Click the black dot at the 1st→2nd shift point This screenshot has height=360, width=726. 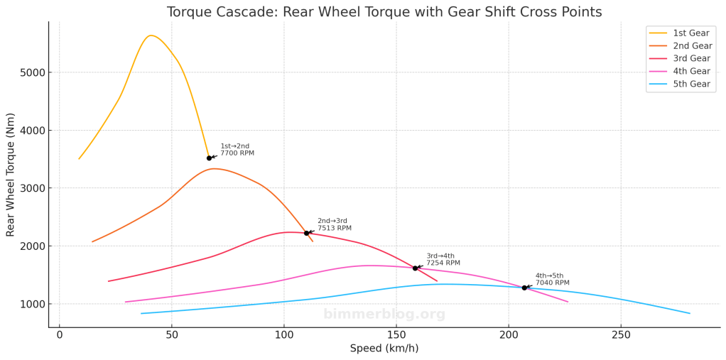pyautogui.click(x=209, y=158)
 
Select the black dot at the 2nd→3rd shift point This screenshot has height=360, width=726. pyautogui.click(x=307, y=233)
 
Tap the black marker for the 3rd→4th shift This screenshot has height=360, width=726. pyautogui.click(x=416, y=268)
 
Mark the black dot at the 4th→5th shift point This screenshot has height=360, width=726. pyautogui.click(x=524, y=288)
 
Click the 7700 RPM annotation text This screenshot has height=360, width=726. pyautogui.click(x=237, y=153)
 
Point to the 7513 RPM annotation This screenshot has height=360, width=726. pyautogui.click(x=334, y=228)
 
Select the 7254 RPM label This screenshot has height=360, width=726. pyautogui.click(x=443, y=263)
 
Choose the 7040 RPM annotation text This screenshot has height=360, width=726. pyautogui.click(x=552, y=283)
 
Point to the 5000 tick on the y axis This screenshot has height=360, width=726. pyautogui.click(x=31, y=72)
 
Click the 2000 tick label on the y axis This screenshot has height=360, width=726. pyautogui.click(x=31, y=246)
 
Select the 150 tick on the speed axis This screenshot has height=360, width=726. pyautogui.click(x=396, y=335)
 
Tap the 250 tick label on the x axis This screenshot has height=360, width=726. pyautogui.click(x=621, y=335)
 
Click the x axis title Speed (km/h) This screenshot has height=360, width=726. pyautogui.click(x=384, y=349)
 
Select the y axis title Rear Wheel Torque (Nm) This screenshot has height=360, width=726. pyautogui.click(x=11, y=174)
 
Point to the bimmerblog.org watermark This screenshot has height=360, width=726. pyautogui.click(x=384, y=314)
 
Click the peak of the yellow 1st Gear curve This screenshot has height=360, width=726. pyautogui.click(x=150, y=35)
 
